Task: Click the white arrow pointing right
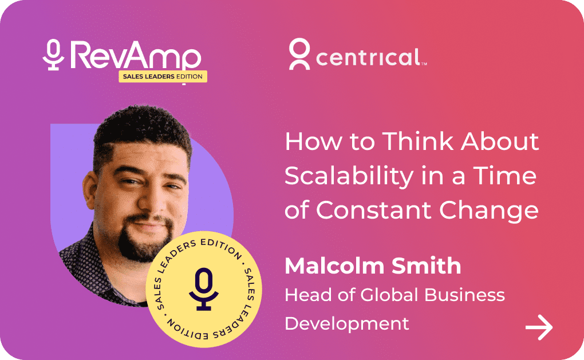pos(539,327)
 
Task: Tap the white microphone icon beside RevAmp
pos(53,55)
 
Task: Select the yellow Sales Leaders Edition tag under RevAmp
pos(163,76)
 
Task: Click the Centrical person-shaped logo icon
pos(299,54)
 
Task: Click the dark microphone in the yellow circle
pos(204,289)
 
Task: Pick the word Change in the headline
pos(488,211)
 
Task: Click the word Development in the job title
pos(347,323)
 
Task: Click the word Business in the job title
pos(465,295)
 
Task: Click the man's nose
pos(150,201)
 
